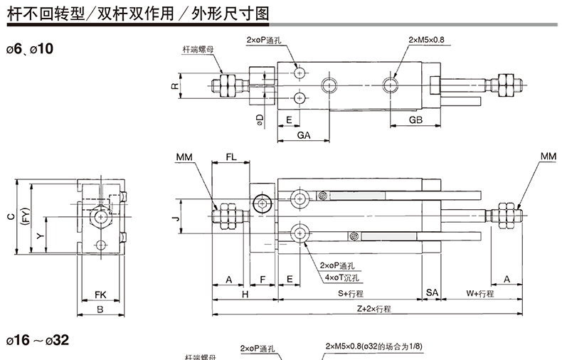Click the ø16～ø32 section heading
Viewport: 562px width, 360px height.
point(38,340)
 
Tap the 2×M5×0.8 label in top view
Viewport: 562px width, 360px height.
point(426,40)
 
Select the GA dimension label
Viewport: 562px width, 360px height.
point(303,134)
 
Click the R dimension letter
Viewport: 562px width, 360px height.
point(173,86)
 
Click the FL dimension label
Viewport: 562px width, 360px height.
point(232,156)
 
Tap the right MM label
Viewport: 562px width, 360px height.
point(548,156)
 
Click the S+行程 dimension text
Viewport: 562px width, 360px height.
point(350,293)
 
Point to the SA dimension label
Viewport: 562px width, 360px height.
point(432,293)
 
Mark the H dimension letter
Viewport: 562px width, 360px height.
point(244,293)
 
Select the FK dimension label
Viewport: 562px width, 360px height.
point(100,294)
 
